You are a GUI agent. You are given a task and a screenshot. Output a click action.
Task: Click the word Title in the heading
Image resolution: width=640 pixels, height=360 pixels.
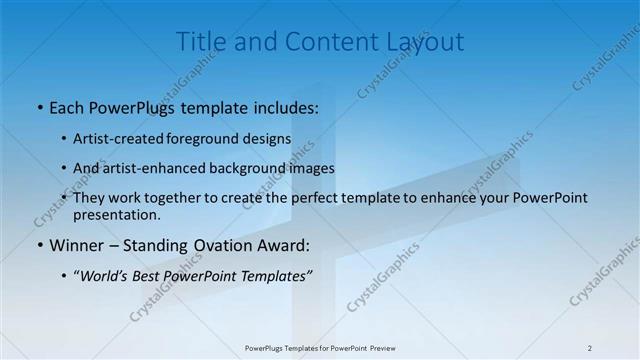pos(198,42)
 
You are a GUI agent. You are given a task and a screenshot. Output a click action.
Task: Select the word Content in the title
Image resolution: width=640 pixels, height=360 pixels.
pos(324,42)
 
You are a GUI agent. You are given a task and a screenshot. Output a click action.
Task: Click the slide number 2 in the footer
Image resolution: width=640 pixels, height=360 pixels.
pos(590,348)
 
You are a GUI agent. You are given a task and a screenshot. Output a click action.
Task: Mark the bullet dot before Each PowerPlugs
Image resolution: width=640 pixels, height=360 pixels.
pos(39,106)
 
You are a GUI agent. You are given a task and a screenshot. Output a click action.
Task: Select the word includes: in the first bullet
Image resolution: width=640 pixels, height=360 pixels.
pos(284,105)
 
